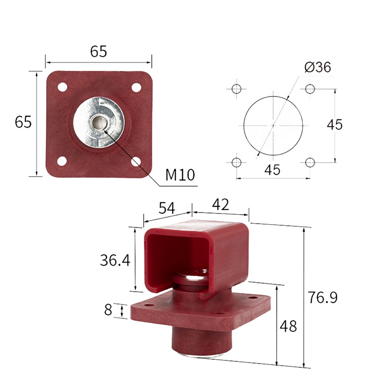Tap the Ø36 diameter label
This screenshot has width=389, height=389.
pyautogui.click(x=317, y=67)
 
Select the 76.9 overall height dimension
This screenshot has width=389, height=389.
pyautogui.click(x=323, y=298)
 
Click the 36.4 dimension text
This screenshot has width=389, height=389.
pyautogui.click(x=115, y=260)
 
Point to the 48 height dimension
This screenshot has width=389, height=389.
pyautogui.click(x=288, y=326)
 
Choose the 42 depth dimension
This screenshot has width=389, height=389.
pyautogui.click(x=220, y=204)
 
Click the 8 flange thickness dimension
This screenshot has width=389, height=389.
pyautogui.click(x=108, y=310)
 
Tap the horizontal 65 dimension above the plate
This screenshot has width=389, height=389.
pyautogui.click(x=98, y=52)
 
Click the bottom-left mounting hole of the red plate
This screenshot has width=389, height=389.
pyautogui.click(x=62, y=160)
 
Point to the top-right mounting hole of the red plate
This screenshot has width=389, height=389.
pyautogui.click(x=136, y=87)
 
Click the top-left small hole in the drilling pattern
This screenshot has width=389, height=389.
pyautogui.click(x=236, y=89)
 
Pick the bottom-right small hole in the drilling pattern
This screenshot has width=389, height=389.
pyautogui.click(x=310, y=162)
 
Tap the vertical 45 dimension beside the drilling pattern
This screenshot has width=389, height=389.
pyautogui.click(x=334, y=125)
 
